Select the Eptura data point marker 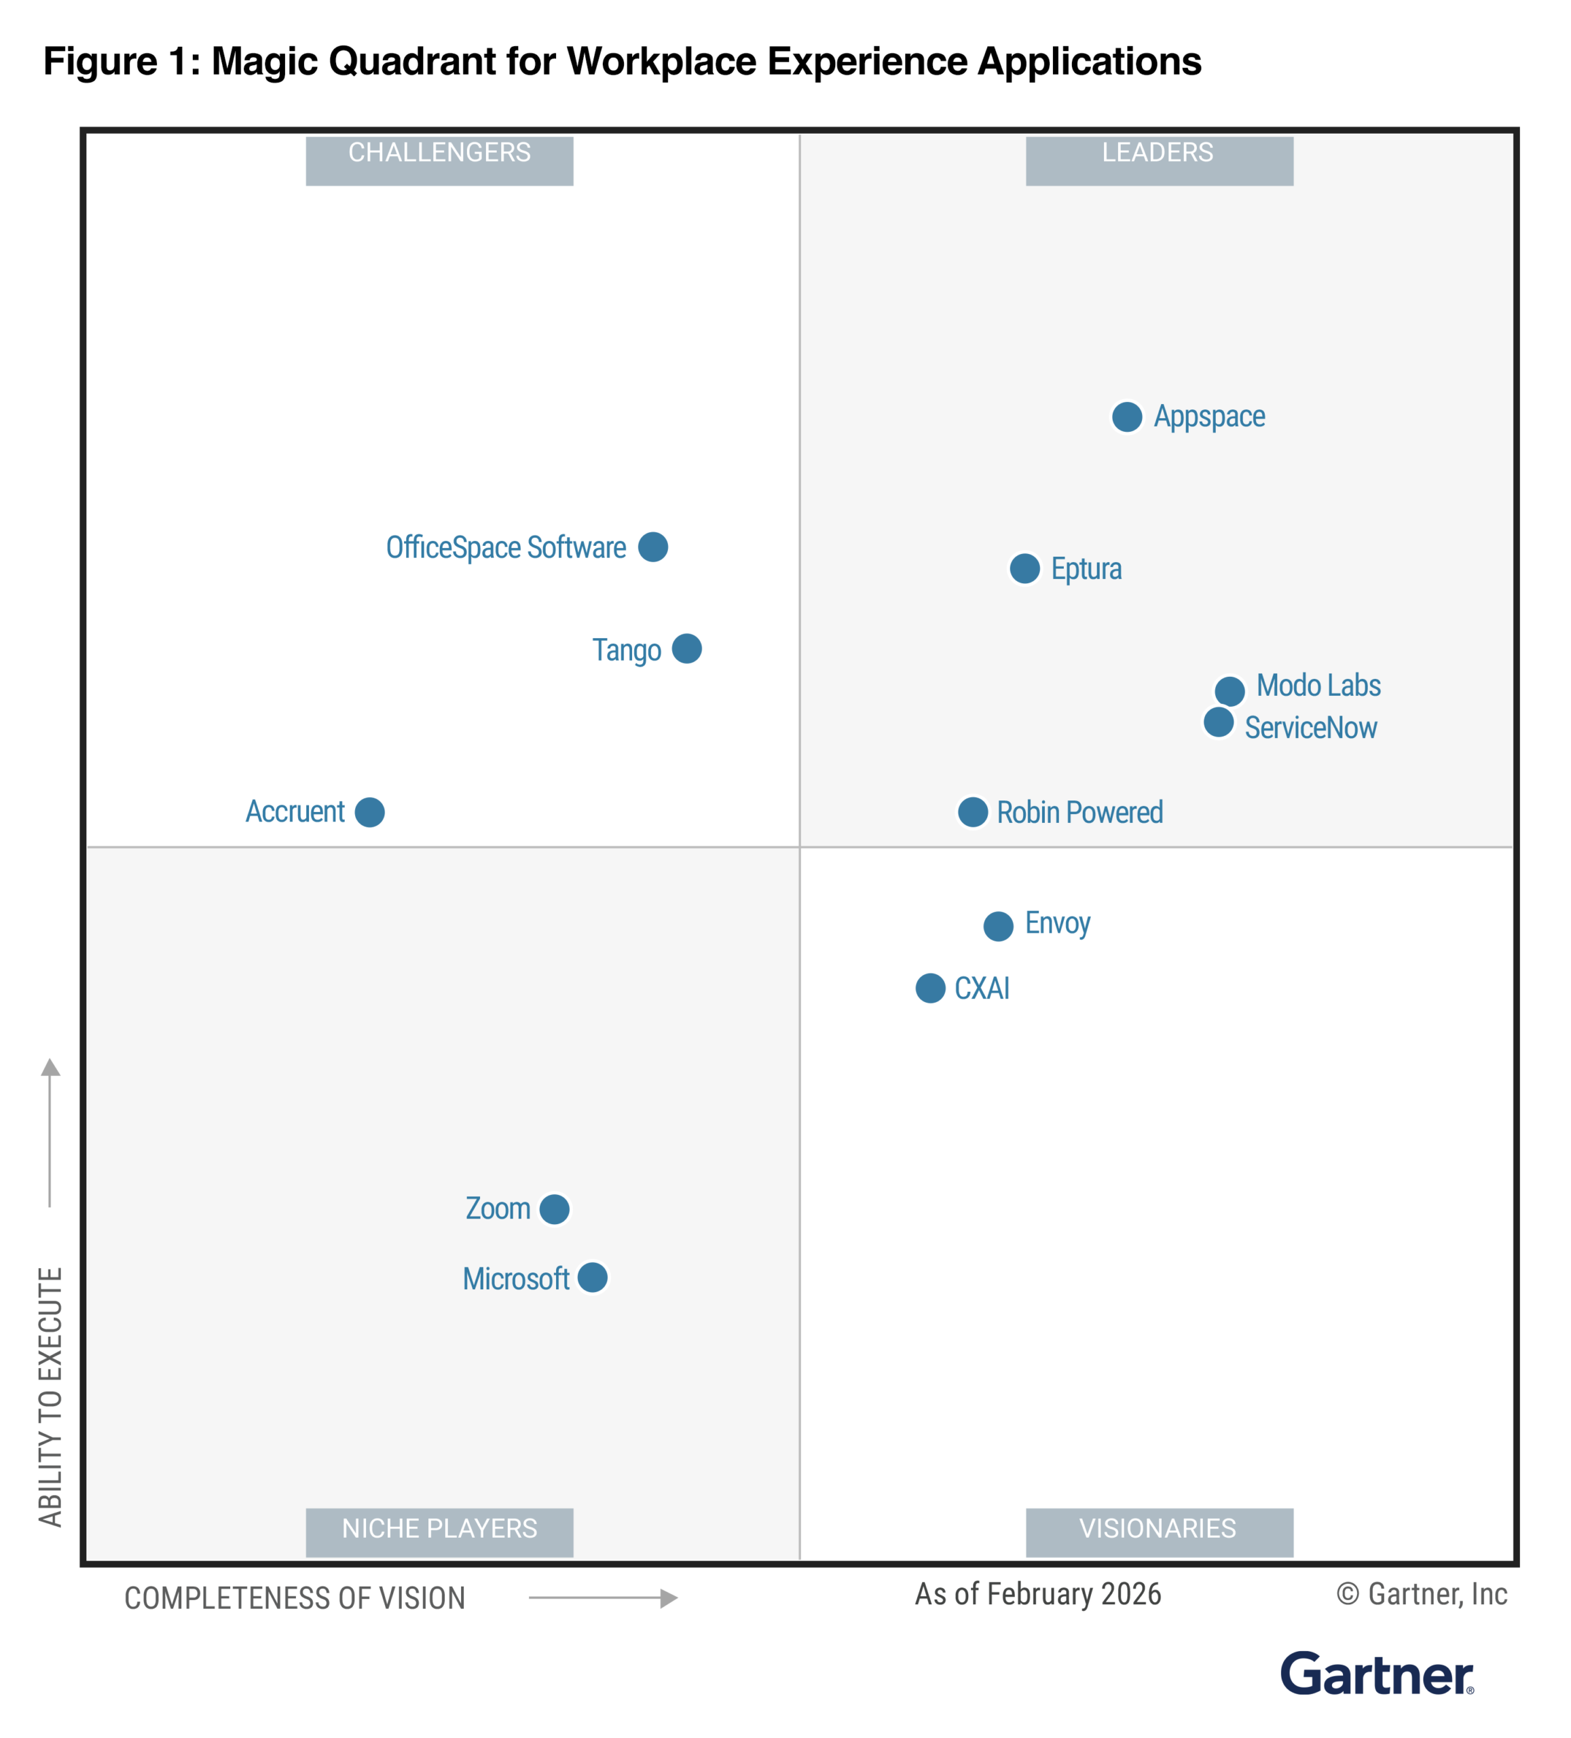1024,569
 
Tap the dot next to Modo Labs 1230,690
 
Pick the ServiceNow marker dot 1217,722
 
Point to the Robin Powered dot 973,812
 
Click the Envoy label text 1057,923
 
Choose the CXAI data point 929,988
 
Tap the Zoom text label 498,1208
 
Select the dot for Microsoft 593,1278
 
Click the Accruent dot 370,812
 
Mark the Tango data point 686,649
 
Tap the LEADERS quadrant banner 1158,160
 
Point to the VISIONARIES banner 1158,1532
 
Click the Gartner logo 1376,1674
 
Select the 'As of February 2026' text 1037,1594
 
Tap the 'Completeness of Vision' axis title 294,1598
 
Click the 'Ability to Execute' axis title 51,1397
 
